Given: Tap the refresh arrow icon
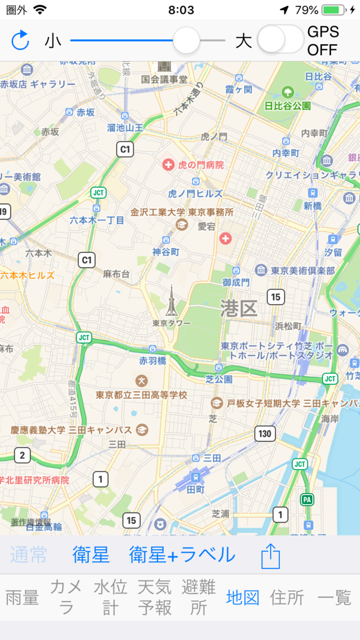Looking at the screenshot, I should tap(20, 41).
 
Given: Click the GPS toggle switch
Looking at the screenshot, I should tap(280, 40).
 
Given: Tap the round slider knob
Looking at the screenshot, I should tap(186, 41).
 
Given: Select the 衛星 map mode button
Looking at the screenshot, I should tap(91, 555).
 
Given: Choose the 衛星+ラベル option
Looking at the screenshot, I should tap(182, 555).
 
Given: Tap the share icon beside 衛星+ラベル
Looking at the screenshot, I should tap(271, 556).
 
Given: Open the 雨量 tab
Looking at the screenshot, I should tap(22, 598).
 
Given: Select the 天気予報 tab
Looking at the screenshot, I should tap(155, 597).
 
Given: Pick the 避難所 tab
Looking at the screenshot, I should tap(199, 597).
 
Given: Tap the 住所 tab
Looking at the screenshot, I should tap(286, 598).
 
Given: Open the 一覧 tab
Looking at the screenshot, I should tap(334, 598).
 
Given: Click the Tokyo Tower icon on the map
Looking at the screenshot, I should tap(171, 301).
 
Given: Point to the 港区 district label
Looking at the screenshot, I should tap(239, 309).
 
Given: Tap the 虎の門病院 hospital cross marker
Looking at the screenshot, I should tap(168, 165).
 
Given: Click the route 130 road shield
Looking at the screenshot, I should tap(264, 434).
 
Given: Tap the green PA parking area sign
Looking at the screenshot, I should tap(308, 500).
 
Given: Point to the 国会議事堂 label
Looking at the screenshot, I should tap(165, 80).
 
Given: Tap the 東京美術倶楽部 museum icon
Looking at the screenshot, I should tap(261, 270).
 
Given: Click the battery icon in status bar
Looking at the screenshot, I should tap(334, 10).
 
